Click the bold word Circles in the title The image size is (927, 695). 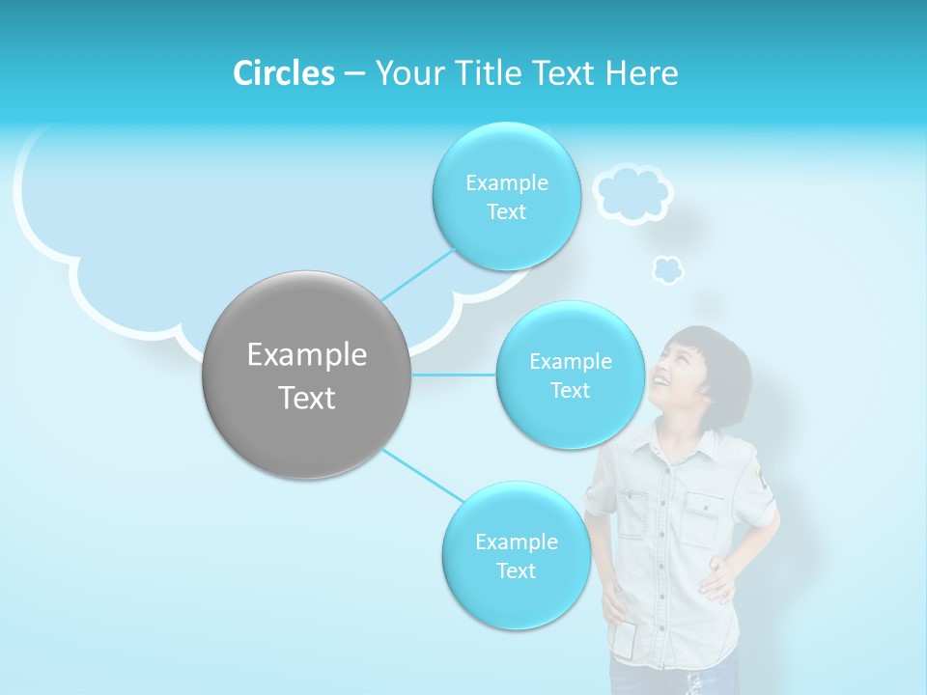click(x=283, y=73)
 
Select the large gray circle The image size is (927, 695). click(x=307, y=375)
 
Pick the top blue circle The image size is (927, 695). click(x=506, y=196)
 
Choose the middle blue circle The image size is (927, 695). click(x=570, y=375)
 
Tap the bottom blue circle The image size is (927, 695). click(x=516, y=555)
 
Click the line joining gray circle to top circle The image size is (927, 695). click(x=417, y=274)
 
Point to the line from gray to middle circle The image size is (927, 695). click(x=454, y=375)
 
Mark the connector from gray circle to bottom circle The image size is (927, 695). click(x=423, y=476)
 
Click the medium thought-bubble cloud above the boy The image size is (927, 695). click(x=632, y=193)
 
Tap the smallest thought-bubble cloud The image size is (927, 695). click(x=667, y=269)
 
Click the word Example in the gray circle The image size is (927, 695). click(x=307, y=355)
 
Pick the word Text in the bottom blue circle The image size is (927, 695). click(x=516, y=570)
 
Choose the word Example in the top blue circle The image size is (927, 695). click(x=506, y=182)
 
